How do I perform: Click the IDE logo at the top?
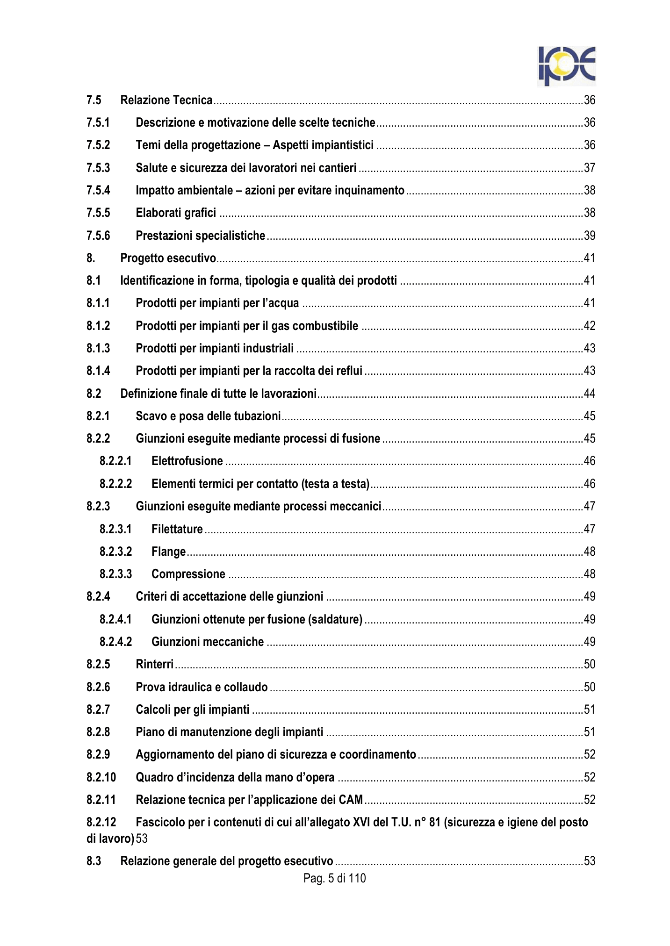[x=566, y=66]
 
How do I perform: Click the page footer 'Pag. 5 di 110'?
[x=334, y=878]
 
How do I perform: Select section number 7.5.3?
[x=98, y=168]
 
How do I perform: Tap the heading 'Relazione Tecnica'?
[x=166, y=100]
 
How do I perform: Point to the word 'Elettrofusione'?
[x=187, y=461]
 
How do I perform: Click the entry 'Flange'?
[x=168, y=552]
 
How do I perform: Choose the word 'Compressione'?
[x=188, y=574]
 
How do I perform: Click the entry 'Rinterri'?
[x=154, y=664]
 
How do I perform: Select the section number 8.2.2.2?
[x=115, y=484]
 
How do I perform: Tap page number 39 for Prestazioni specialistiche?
[x=590, y=236]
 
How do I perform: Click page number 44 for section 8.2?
[x=590, y=394]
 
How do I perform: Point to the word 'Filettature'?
[x=177, y=529]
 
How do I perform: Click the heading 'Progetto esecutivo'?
[x=168, y=258]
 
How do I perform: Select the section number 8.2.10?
[x=101, y=777]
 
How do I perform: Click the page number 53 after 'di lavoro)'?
[x=142, y=838]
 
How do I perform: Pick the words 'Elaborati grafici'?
[x=176, y=213]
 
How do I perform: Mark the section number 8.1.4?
[x=98, y=371]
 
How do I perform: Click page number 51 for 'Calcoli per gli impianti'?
[x=590, y=709]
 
